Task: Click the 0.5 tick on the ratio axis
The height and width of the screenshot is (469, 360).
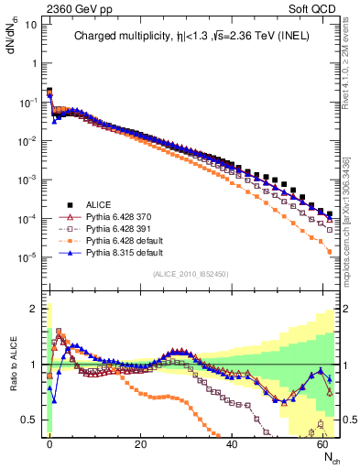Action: tap(29, 420)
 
